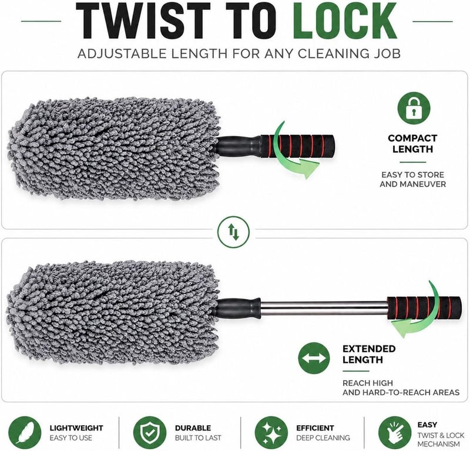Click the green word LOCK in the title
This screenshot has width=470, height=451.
pos(345,21)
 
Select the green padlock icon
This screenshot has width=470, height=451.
pos(414,108)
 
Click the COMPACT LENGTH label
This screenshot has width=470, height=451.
pos(413,144)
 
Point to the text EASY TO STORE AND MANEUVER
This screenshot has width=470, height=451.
pos(413,179)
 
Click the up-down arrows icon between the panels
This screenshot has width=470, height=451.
pos(233,232)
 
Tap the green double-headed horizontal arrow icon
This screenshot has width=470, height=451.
pos(314,358)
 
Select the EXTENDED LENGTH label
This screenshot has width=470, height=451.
pos(369,354)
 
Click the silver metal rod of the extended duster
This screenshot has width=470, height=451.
pos(324,309)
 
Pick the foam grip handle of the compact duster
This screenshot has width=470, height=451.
pos(297,146)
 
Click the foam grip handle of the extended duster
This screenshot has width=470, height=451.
pos(424,308)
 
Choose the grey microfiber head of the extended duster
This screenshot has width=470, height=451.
pos(113,313)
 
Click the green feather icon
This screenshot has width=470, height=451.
pos(25,433)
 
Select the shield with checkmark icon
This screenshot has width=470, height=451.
pos(150,433)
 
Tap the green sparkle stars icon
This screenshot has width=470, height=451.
pos(271,433)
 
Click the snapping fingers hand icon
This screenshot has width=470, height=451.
pos(395,433)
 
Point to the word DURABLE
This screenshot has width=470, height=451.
pos(193,428)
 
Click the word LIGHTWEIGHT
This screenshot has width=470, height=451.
pos(76,428)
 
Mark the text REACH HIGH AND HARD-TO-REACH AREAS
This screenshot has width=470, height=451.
pos(401,388)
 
